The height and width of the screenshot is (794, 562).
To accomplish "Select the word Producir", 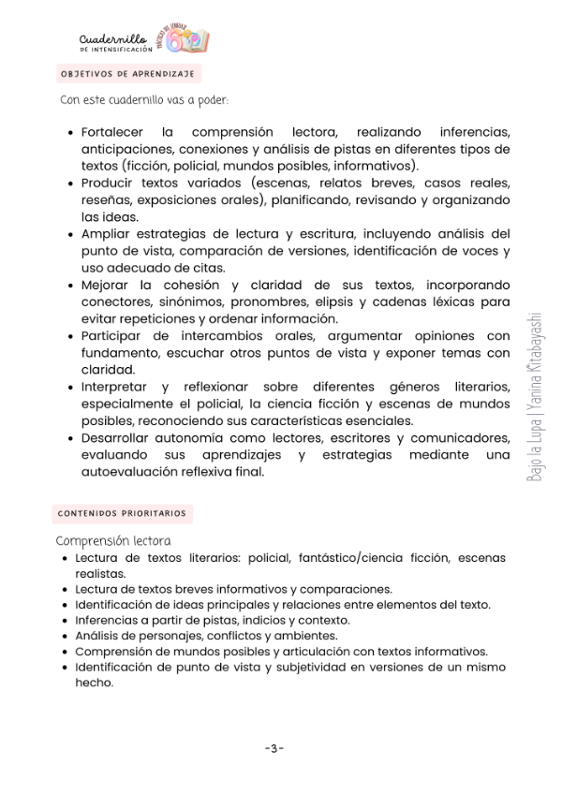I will click(109, 183).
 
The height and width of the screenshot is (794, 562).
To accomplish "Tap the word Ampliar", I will click(106, 233).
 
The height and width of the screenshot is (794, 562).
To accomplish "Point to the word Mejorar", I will click(108, 285).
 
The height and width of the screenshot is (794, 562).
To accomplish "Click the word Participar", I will click(114, 335).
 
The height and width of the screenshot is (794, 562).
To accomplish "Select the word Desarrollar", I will click(118, 437).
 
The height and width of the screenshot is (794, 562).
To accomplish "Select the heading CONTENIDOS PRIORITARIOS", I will click(122, 513).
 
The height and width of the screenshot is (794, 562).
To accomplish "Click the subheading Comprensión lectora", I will click(113, 540).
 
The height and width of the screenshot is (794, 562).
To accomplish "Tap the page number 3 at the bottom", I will click(274, 747).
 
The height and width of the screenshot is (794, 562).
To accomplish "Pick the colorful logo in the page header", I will click(185, 39).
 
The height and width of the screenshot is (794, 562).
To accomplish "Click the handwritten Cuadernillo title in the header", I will click(113, 37).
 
